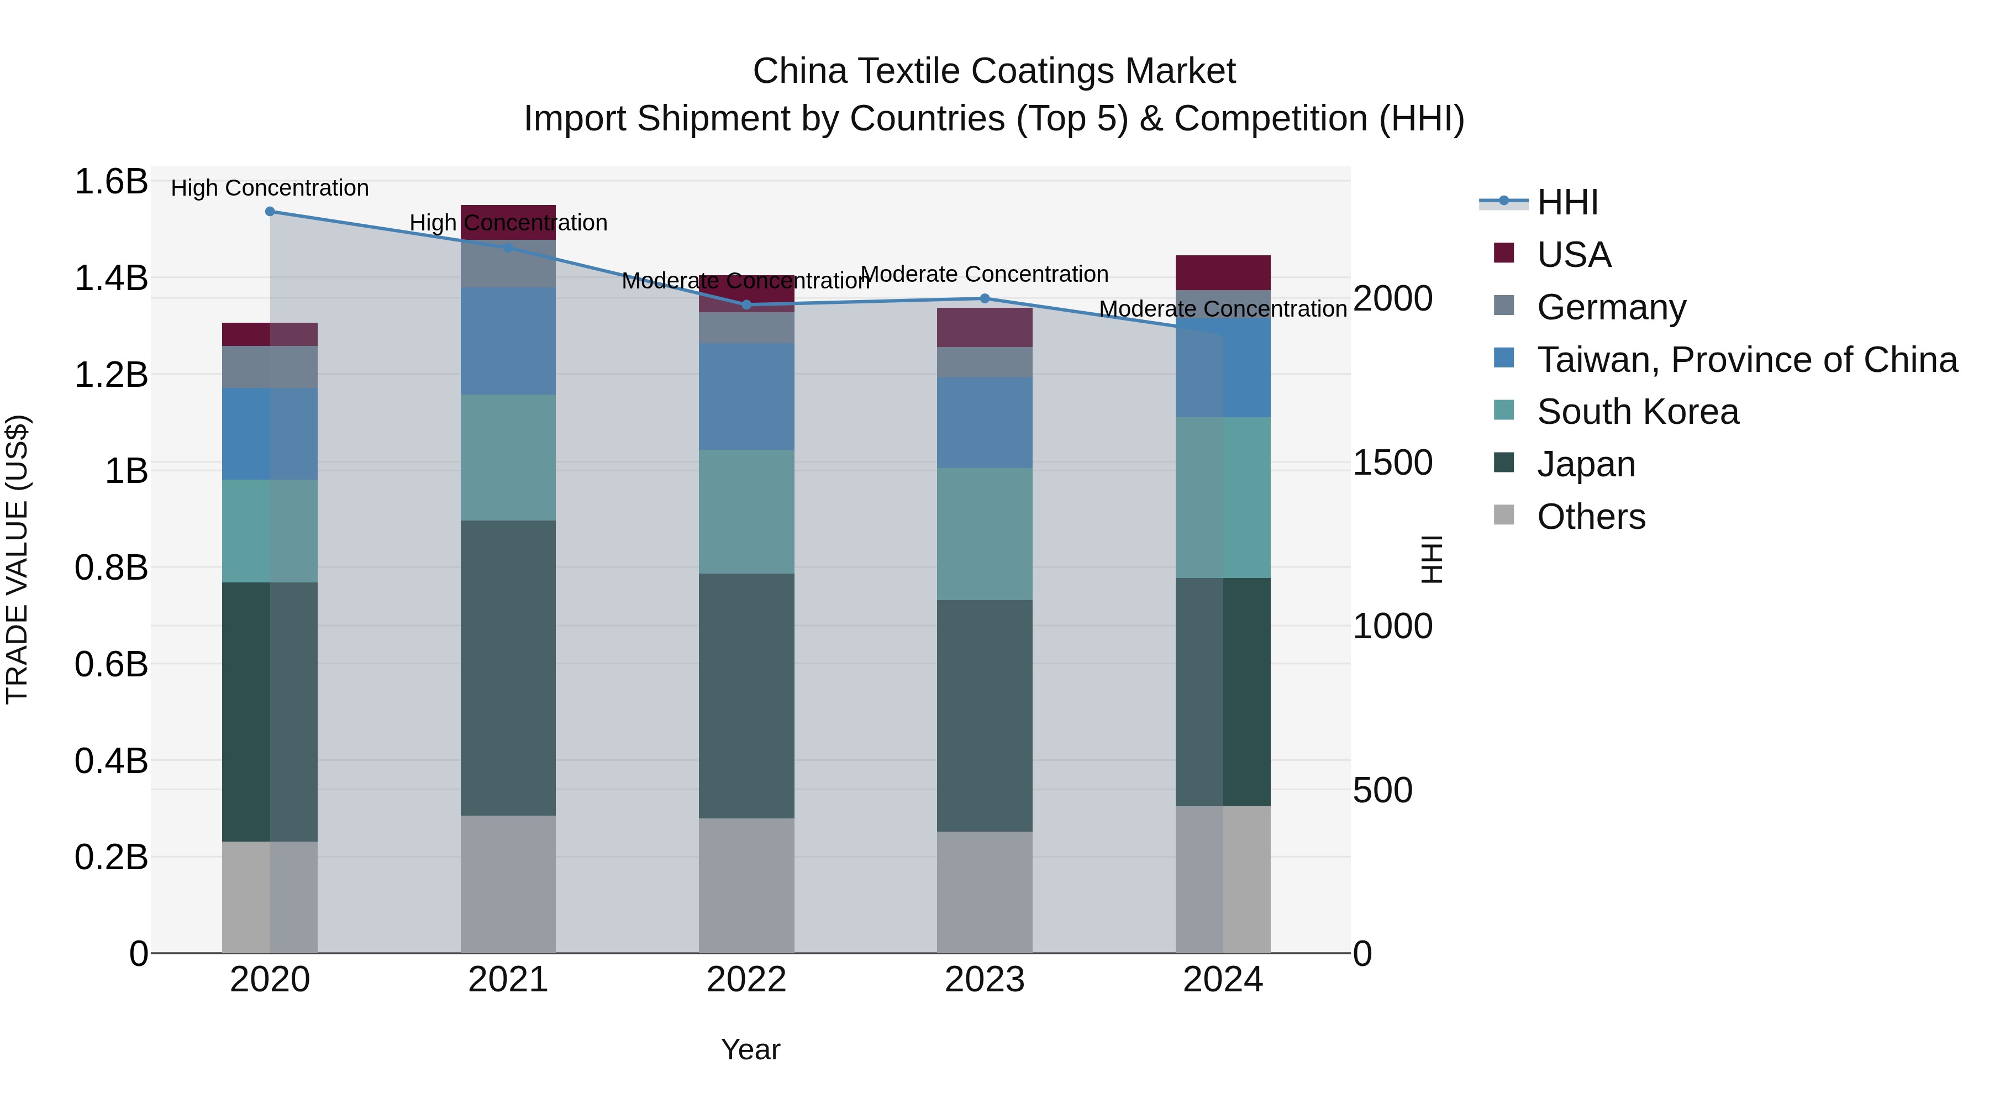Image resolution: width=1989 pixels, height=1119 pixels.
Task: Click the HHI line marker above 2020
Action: pyautogui.click(x=270, y=212)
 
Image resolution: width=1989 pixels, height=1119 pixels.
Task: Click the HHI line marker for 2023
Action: pyautogui.click(x=985, y=298)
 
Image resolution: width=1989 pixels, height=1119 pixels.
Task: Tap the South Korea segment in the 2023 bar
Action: pyautogui.click(x=985, y=534)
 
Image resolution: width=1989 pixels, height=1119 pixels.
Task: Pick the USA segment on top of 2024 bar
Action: pyautogui.click(x=1223, y=272)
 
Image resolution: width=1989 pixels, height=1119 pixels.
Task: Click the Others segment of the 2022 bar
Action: pyautogui.click(x=746, y=885)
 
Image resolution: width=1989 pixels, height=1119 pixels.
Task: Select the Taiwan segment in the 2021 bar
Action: pyautogui.click(x=508, y=342)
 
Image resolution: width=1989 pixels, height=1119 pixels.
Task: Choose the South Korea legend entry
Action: pyautogui.click(x=1637, y=412)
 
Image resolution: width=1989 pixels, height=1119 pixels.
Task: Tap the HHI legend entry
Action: pyautogui.click(x=1567, y=202)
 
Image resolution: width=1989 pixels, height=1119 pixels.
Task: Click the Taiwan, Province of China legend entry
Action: pyautogui.click(x=1746, y=360)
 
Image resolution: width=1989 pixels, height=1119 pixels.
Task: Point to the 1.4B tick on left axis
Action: pyautogui.click(x=111, y=278)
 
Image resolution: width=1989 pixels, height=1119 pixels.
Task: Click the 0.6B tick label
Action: pyautogui.click(x=111, y=664)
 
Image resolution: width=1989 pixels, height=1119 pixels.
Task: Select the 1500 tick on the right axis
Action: pyautogui.click(x=1393, y=463)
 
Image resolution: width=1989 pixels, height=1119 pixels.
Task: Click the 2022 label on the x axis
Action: pyautogui.click(x=746, y=980)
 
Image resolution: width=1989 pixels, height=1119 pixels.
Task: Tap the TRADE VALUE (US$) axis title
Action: pyautogui.click(x=18, y=559)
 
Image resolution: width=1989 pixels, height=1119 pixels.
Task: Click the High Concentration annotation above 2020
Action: pyautogui.click(x=270, y=188)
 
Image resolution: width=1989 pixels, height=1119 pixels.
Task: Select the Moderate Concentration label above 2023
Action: pyautogui.click(x=985, y=274)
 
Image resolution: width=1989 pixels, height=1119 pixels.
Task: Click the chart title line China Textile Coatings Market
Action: pyautogui.click(x=994, y=71)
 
